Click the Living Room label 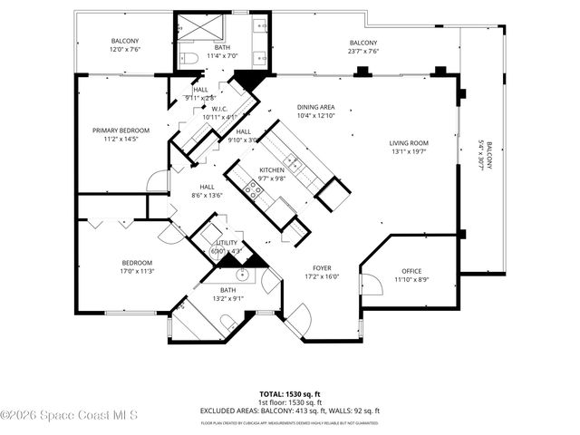(409, 143)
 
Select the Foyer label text (321, 268)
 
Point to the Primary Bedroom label (121, 130)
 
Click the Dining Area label (316, 107)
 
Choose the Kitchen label (272, 170)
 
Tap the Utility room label (226, 243)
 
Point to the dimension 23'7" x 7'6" (363, 52)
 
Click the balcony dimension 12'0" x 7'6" (124, 51)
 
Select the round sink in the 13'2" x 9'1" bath (242, 274)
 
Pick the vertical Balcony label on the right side (483, 164)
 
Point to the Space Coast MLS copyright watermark (70, 416)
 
